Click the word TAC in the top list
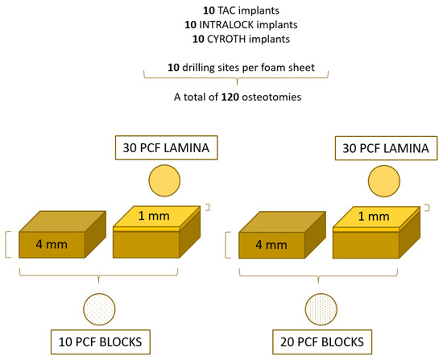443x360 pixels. [x=209, y=11]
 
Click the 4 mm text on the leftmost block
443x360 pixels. [x=52, y=244]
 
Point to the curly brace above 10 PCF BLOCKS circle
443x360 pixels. [x=98, y=279]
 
